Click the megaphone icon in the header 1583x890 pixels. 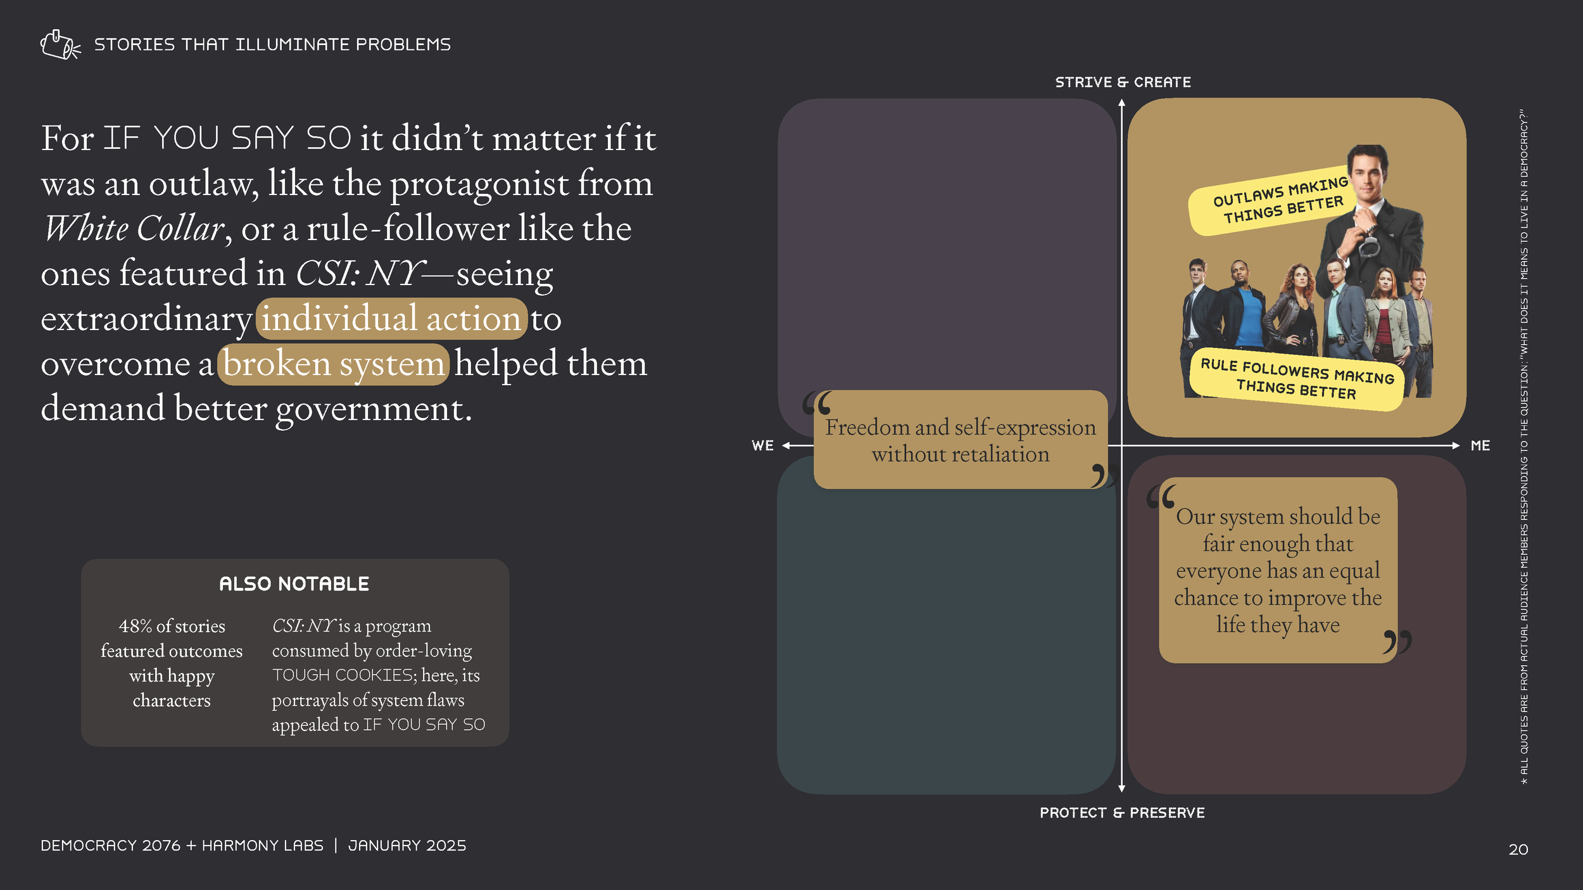tap(60, 45)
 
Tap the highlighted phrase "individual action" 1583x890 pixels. tap(391, 319)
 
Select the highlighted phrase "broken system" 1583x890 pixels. tap(334, 364)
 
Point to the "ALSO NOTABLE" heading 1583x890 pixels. tap(294, 584)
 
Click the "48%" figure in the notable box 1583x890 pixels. tap(136, 626)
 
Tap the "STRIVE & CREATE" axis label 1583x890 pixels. tap(1123, 82)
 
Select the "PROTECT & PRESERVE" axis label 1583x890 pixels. tap(1122, 813)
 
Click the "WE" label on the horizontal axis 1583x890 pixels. tap(762, 446)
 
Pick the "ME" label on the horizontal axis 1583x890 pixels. tap(1480, 446)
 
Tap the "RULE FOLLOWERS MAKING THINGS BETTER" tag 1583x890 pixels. tap(1296, 379)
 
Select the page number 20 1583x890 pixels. tap(1518, 849)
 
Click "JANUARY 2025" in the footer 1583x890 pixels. tap(407, 846)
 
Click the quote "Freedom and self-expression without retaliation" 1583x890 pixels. tap(960, 440)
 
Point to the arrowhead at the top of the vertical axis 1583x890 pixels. tap(1121, 103)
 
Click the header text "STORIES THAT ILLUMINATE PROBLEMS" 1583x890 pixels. tap(272, 45)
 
